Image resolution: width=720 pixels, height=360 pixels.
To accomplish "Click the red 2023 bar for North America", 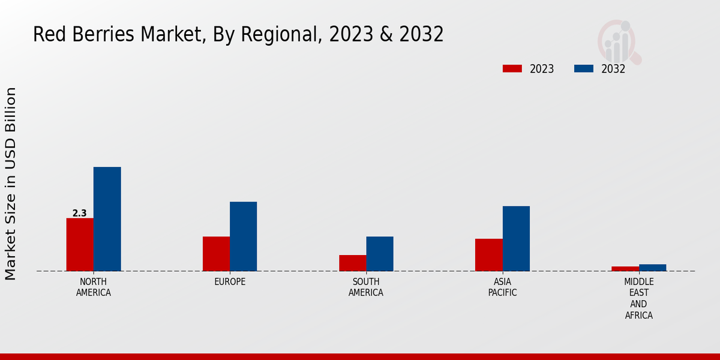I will [80, 244].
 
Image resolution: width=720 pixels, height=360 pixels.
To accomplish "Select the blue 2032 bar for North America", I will [107, 219].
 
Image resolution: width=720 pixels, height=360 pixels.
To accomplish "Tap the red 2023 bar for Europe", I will [216, 254].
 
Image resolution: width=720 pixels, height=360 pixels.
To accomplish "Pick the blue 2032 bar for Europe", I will [243, 236].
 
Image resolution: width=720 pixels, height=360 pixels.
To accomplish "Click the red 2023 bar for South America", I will [352, 263].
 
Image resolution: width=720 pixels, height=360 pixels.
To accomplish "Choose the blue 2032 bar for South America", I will [380, 254].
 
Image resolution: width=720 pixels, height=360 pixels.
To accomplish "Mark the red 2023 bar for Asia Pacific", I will [488, 255].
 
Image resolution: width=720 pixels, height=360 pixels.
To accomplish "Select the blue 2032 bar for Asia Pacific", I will [516, 238].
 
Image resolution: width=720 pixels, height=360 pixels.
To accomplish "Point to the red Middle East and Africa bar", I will [625, 268].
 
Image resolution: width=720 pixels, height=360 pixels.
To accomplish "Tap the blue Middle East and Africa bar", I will [652, 268].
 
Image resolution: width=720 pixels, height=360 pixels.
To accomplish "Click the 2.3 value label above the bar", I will [79, 213].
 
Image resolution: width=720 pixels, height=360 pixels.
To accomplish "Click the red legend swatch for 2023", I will [512, 68].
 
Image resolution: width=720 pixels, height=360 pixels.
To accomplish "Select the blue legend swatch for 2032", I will [583, 68].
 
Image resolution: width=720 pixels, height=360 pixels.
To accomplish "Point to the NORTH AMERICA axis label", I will [94, 287].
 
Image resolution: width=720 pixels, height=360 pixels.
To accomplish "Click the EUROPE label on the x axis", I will [230, 282].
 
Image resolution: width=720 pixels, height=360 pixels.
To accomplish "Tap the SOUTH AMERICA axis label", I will [366, 287].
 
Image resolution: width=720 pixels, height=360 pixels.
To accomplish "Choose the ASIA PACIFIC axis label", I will [502, 287].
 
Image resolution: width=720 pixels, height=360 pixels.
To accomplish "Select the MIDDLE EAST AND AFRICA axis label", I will [639, 298].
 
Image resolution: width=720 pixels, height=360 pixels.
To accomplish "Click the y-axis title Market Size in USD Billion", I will [11, 184].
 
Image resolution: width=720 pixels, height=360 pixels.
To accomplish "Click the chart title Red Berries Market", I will [238, 35].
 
